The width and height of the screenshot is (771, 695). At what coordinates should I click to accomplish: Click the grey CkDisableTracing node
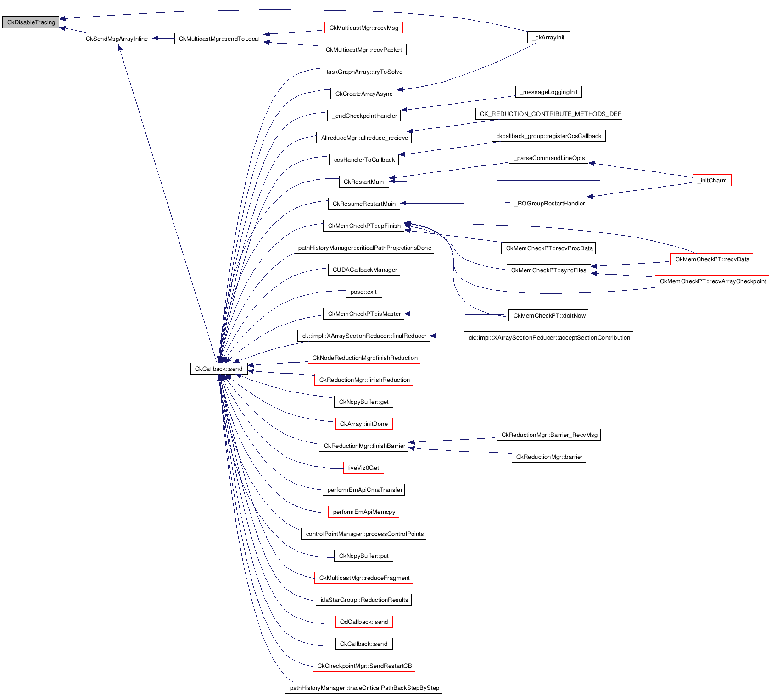pyautogui.click(x=31, y=22)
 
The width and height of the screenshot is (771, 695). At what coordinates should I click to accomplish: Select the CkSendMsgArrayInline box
pyautogui.click(x=117, y=39)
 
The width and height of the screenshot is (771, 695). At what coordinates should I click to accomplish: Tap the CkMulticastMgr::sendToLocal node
pyautogui.click(x=219, y=39)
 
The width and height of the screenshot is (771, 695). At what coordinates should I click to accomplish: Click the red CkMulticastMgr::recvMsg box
pyautogui.click(x=363, y=28)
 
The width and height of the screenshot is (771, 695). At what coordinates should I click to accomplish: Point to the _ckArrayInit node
pyautogui.click(x=548, y=38)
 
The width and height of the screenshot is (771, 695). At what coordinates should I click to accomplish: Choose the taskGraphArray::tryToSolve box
pyautogui.click(x=364, y=72)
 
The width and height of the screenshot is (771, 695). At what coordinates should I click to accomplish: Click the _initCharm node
pyautogui.click(x=712, y=181)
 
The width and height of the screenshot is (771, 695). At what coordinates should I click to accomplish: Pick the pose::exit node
pyautogui.click(x=363, y=292)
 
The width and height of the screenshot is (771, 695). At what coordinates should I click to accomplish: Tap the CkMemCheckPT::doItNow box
pyautogui.click(x=549, y=316)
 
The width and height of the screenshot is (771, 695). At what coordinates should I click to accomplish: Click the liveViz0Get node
pyautogui.click(x=363, y=468)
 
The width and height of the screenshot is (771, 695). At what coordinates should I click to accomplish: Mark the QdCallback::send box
pyautogui.click(x=364, y=622)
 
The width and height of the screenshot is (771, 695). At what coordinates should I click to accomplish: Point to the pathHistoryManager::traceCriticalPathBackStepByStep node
pyautogui.click(x=364, y=688)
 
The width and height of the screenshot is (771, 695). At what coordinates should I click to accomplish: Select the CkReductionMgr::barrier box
pyautogui.click(x=549, y=457)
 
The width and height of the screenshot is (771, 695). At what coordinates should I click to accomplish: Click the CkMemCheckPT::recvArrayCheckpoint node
pyautogui.click(x=712, y=281)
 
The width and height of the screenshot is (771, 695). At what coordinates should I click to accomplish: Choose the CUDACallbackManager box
pyautogui.click(x=364, y=270)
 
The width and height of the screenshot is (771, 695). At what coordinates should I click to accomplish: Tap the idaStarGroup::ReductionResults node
pyautogui.click(x=364, y=600)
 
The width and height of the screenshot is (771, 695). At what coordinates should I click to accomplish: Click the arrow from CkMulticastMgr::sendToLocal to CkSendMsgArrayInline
pyautogui.click(x=163, y=39)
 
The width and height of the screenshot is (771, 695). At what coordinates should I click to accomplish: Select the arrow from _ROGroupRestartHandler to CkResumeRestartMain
pyautogui.click(x=454, y=204)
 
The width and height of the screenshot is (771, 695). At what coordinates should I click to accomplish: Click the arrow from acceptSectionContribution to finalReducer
pyautogui.click(x=447, y=336)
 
